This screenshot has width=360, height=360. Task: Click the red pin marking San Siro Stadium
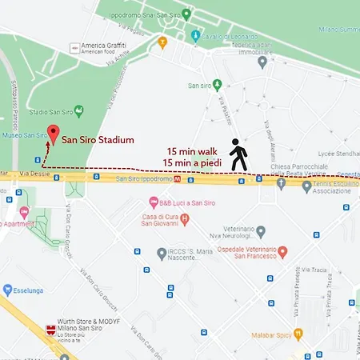(53, 134)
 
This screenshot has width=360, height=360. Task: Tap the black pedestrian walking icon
(238, 155)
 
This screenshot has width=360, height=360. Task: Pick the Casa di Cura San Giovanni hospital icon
(185, 218)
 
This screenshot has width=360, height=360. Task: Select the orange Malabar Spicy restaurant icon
(298, 334)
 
